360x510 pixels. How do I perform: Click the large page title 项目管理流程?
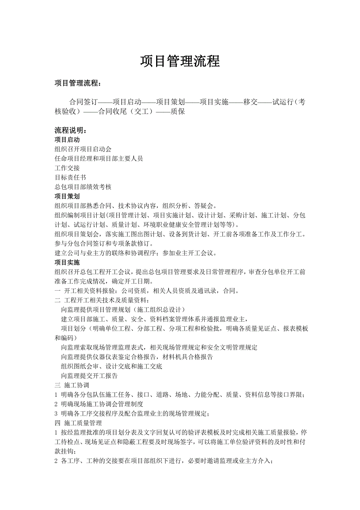point(180,61)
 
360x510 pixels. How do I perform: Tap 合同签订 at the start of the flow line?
point(83,102)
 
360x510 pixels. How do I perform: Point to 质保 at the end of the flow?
point(178,112)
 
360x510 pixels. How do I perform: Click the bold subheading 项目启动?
point(67,140)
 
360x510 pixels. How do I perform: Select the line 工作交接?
point(67,168)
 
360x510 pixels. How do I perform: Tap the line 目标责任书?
point(70,177)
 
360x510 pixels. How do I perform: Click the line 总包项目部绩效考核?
point(83,187)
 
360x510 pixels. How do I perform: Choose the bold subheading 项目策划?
point(67,197)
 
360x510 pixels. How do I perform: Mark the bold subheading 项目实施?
point(67,262)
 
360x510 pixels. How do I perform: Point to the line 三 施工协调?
point(72,385)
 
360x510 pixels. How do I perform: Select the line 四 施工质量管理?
point(78,423)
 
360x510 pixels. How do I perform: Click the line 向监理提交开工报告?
point(90,376)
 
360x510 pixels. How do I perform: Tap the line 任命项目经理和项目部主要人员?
point(99,159)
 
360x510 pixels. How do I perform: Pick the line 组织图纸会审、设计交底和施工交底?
point(112,366)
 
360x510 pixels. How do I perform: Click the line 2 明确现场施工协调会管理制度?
point(99,404)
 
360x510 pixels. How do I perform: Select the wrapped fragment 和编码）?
point(66,338)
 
